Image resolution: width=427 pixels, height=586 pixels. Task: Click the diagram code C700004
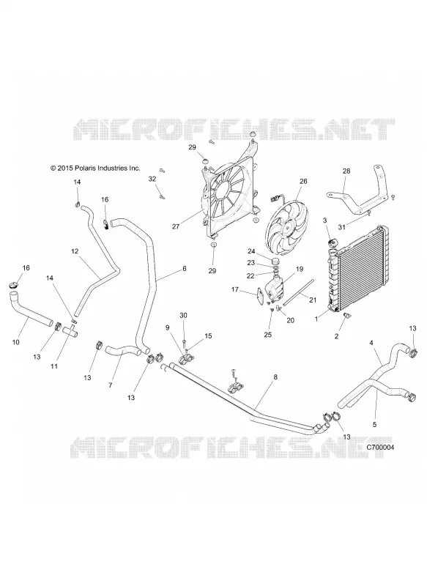click(x=380, y=447)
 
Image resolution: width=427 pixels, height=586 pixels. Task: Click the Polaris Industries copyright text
click(x=96, y=168)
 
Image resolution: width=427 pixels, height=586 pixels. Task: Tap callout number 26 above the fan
click(x=303, y=181)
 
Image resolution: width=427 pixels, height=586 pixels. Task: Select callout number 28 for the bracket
click(x=346, y=171)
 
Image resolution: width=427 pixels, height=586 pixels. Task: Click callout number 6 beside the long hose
click(x=184, y=268)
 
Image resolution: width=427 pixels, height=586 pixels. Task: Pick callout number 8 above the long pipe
click(x=275, y=377)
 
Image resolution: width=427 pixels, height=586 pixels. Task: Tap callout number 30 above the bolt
click(x=183, y=316)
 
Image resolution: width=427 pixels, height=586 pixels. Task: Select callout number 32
click(x=152, y=179)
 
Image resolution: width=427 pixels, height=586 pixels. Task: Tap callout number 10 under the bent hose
click(x=15, y=342)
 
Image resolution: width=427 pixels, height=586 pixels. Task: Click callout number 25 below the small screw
click(x=268, y=335)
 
